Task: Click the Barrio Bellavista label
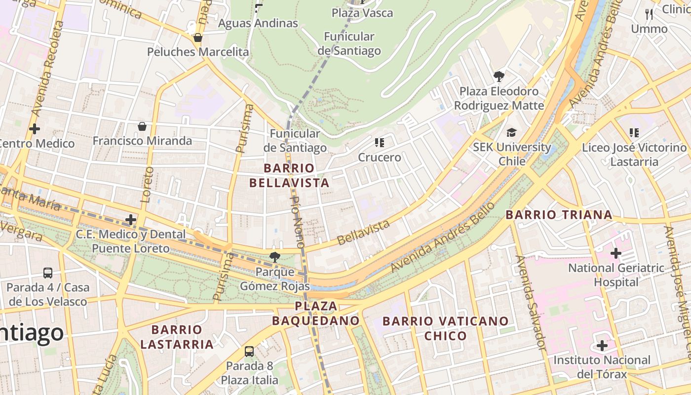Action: pos(289,175)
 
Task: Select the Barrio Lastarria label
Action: pos(177,337)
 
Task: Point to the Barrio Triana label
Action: pos(559,215)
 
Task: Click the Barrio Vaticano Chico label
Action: pos(446,328)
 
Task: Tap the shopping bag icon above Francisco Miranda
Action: pos(142,126)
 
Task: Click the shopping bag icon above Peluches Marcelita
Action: pos(198,38)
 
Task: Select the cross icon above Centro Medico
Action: pos(35,129)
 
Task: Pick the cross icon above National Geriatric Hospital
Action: pos(615,254)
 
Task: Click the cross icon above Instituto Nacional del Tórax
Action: pos(602,346)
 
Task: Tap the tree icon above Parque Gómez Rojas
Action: pos(274,257)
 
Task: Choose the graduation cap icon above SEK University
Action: pos(511,133)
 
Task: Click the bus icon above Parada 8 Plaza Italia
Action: pos(249,352)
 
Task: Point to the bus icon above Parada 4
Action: pos(48,273)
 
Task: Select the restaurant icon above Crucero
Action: pos(379,143)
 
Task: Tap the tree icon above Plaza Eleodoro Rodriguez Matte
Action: pos(499,77)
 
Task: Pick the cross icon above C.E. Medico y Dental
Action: pos(131,220)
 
